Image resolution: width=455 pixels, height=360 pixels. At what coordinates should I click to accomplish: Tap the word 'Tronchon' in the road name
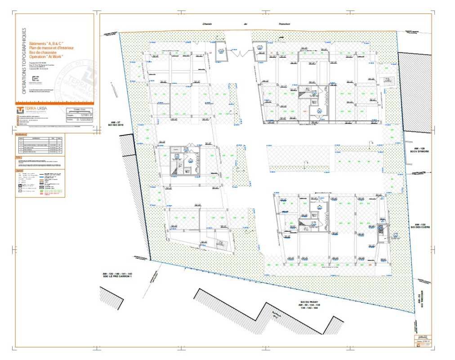pos(283,25)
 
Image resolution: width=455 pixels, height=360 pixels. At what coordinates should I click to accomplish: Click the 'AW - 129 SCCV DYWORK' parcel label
pos(420,150)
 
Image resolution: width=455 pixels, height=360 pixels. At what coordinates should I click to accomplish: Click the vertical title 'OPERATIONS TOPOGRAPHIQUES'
pos(24,61)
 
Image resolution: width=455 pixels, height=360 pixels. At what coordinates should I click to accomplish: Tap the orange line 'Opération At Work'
pos(46,56)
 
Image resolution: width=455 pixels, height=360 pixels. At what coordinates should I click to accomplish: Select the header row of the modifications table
pos(39,138)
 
